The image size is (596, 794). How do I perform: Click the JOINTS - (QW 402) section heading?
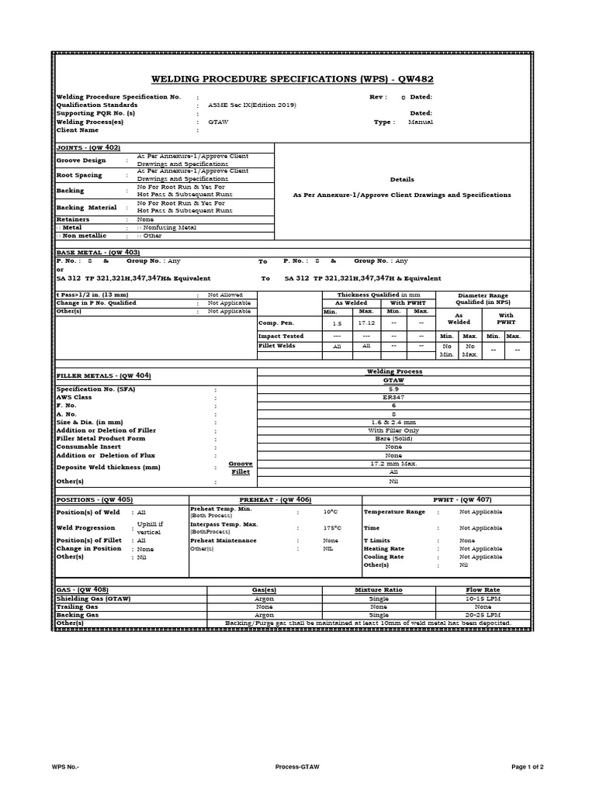[88, 147]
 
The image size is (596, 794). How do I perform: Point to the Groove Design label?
[81, 161]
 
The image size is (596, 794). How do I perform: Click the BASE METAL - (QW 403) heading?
[98, 252]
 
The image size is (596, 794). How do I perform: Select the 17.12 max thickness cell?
[366, 322]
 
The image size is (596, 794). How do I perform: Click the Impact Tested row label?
[281, 336]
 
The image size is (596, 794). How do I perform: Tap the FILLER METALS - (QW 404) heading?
[103, 375]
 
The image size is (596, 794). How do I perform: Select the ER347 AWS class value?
[393, 397]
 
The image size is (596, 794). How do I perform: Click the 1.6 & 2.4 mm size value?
[393, 421]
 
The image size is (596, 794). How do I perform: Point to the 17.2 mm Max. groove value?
[393, 464]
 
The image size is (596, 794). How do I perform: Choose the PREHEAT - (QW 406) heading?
[275, 499]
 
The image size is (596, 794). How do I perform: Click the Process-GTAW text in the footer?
[297, 767]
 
